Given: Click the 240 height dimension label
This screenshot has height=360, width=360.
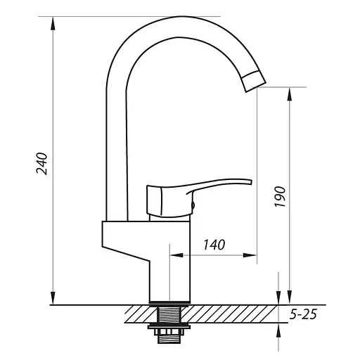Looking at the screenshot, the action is (x=42, y=164).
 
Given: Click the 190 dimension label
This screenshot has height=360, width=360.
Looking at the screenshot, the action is (x=280, y=197).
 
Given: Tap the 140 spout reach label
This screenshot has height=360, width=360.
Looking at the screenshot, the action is (x=214, y=245).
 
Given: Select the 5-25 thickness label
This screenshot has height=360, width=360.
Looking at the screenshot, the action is (x=303, y=314).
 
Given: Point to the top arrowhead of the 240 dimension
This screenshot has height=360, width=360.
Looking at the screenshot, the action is (x=53, y=23).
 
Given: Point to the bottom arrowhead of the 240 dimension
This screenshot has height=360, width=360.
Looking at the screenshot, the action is (x=53, y=298).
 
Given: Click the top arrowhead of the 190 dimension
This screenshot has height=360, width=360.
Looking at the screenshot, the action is (x=290, y=94).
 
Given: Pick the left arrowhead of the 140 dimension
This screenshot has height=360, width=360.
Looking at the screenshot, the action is (x=176, y=255).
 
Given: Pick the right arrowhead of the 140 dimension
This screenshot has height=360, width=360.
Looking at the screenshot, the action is (x=250, y=255).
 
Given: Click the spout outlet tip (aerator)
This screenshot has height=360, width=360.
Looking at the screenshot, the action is (x=254, y=82).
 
